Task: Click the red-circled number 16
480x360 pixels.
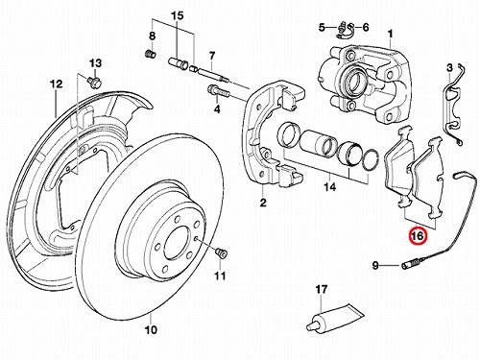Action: coord(418,236)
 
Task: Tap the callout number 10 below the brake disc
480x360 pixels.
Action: coord(151,329)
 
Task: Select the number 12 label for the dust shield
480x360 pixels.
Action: coord(56,84)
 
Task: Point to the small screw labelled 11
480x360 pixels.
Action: coord(221,252)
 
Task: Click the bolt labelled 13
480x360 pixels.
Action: coord(95,82)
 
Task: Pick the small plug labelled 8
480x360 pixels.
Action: coord(151,54)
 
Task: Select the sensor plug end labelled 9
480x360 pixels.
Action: coord(410,265)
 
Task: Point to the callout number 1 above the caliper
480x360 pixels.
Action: coord(390,34)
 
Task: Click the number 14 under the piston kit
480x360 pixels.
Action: coord(330,187)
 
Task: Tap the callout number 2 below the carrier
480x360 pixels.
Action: coord(263,202)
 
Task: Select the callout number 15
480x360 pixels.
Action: coord(178,15)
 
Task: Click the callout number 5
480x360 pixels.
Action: coord(322,27)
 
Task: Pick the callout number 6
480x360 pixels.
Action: coord(366,27)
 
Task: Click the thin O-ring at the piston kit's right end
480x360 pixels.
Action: coord(371,159)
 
